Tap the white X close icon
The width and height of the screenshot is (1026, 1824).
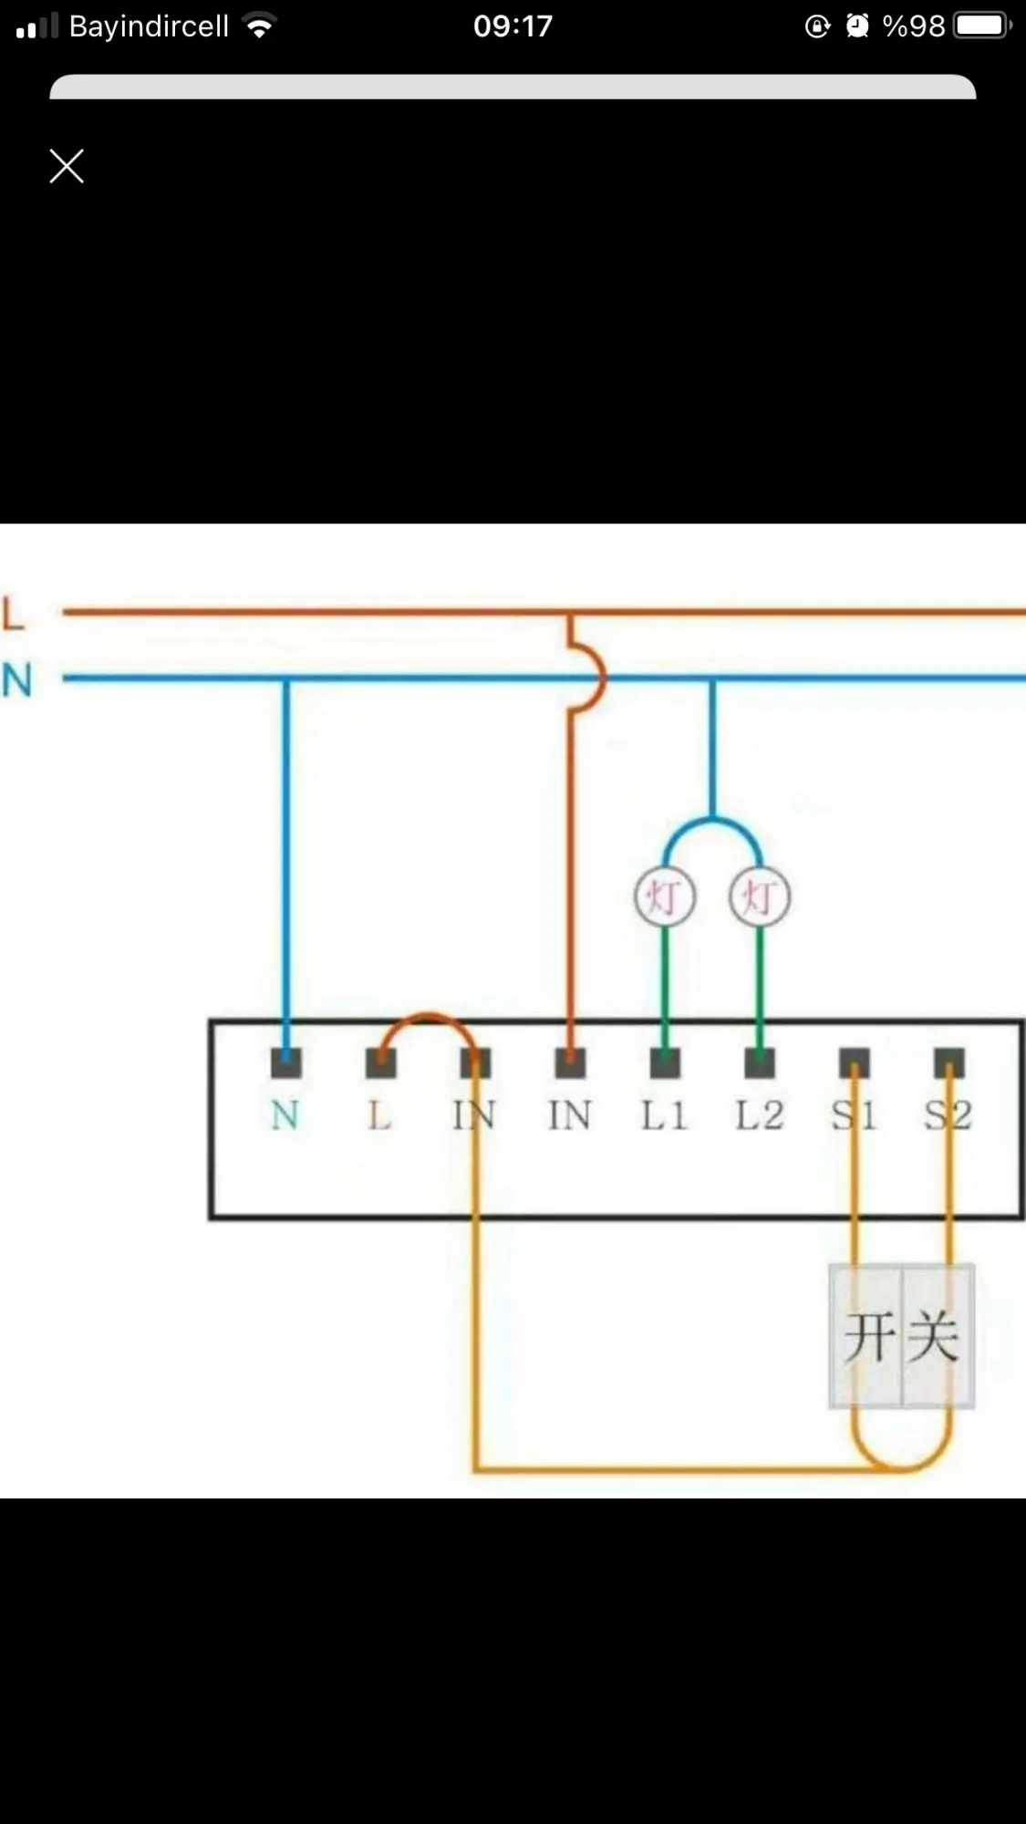67,166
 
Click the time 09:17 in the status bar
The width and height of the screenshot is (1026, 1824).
513,26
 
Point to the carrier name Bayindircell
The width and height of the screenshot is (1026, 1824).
149,26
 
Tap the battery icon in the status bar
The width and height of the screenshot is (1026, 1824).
981,26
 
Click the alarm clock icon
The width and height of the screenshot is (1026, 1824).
856,26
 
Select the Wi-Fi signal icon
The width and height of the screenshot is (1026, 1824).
260,26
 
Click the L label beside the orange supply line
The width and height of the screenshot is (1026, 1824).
14,613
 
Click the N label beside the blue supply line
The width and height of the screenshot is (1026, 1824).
16,680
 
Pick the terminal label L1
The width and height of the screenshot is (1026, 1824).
664,1115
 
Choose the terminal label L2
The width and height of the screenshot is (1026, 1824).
759,1115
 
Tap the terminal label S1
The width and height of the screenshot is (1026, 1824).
854,1115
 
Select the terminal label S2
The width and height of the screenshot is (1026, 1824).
948,1115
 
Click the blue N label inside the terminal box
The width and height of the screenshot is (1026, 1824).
285,1115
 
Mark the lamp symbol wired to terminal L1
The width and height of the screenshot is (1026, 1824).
665,897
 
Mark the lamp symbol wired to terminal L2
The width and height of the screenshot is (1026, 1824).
760,897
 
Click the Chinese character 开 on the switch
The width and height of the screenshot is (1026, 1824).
868,1337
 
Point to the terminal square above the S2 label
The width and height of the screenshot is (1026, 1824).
948,1062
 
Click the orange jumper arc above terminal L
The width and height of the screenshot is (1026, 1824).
428,1021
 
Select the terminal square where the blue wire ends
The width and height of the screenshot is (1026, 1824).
286,1062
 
